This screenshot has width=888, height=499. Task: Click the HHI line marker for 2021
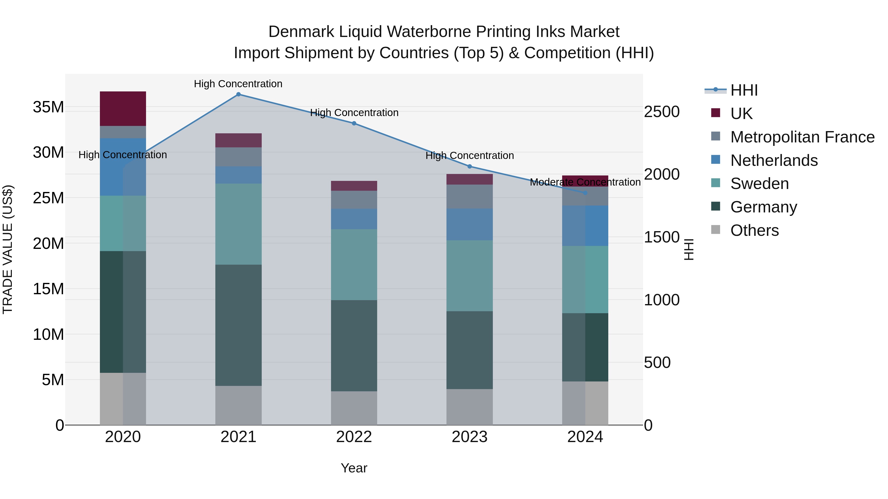click(238, 94)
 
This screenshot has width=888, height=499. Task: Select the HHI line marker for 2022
click(354, 123)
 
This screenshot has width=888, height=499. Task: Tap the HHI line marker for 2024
click(585, 193)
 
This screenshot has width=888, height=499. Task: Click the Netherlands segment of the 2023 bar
click(469, 224)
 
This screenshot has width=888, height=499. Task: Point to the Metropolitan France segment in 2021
click(238, 157)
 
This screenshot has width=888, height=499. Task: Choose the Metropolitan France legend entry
click(802, 137)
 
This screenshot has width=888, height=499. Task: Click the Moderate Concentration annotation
click(585, 182)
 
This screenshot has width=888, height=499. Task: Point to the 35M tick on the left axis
click(48, 107)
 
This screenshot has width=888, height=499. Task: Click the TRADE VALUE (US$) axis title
click(8, 249)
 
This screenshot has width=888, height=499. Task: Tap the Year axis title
click(354, 468)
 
